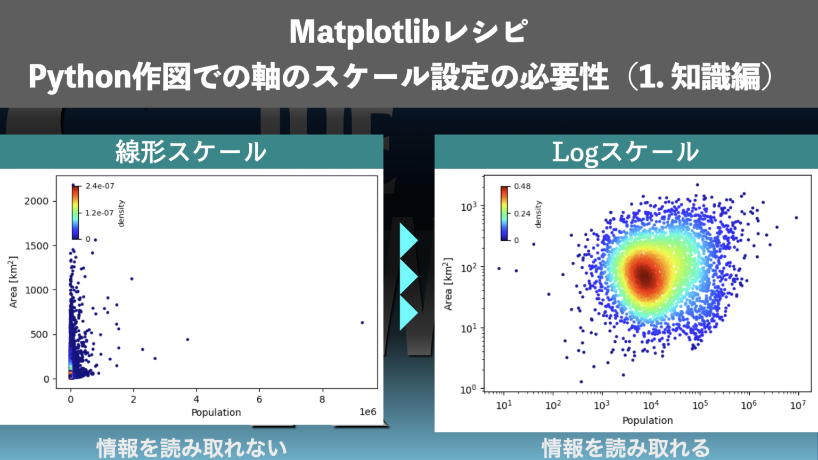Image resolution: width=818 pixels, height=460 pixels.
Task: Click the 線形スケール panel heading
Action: click(191, 152)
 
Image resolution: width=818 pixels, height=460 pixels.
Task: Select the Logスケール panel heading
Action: click(625, 152)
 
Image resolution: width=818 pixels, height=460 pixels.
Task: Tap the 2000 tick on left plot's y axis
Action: click(36, 201)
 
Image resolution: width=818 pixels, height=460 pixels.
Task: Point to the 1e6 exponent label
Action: click(367, 412)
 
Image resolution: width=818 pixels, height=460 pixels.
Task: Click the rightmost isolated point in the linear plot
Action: click(362, 323)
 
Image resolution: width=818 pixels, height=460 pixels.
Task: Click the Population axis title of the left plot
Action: click(216, 413)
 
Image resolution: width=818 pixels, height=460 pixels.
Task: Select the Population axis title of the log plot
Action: click(647, 421)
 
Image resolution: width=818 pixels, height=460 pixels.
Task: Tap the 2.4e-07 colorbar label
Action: click(100, 186)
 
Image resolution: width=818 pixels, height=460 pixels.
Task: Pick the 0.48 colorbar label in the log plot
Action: click(522, 186)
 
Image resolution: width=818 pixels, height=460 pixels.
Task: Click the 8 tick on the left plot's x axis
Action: click(322, 399)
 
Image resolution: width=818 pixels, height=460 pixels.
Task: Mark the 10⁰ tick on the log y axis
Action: click(468, 390)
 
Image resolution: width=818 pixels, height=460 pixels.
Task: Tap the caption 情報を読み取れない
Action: click(192, 448)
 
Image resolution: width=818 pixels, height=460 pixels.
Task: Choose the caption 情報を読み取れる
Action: click(626, 448)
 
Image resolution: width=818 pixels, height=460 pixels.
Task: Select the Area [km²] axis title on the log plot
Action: click(448, 284)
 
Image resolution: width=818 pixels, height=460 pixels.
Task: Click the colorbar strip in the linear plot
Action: click(75, 212)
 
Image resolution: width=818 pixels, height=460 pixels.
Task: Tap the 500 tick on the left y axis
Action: click(39, 334)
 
